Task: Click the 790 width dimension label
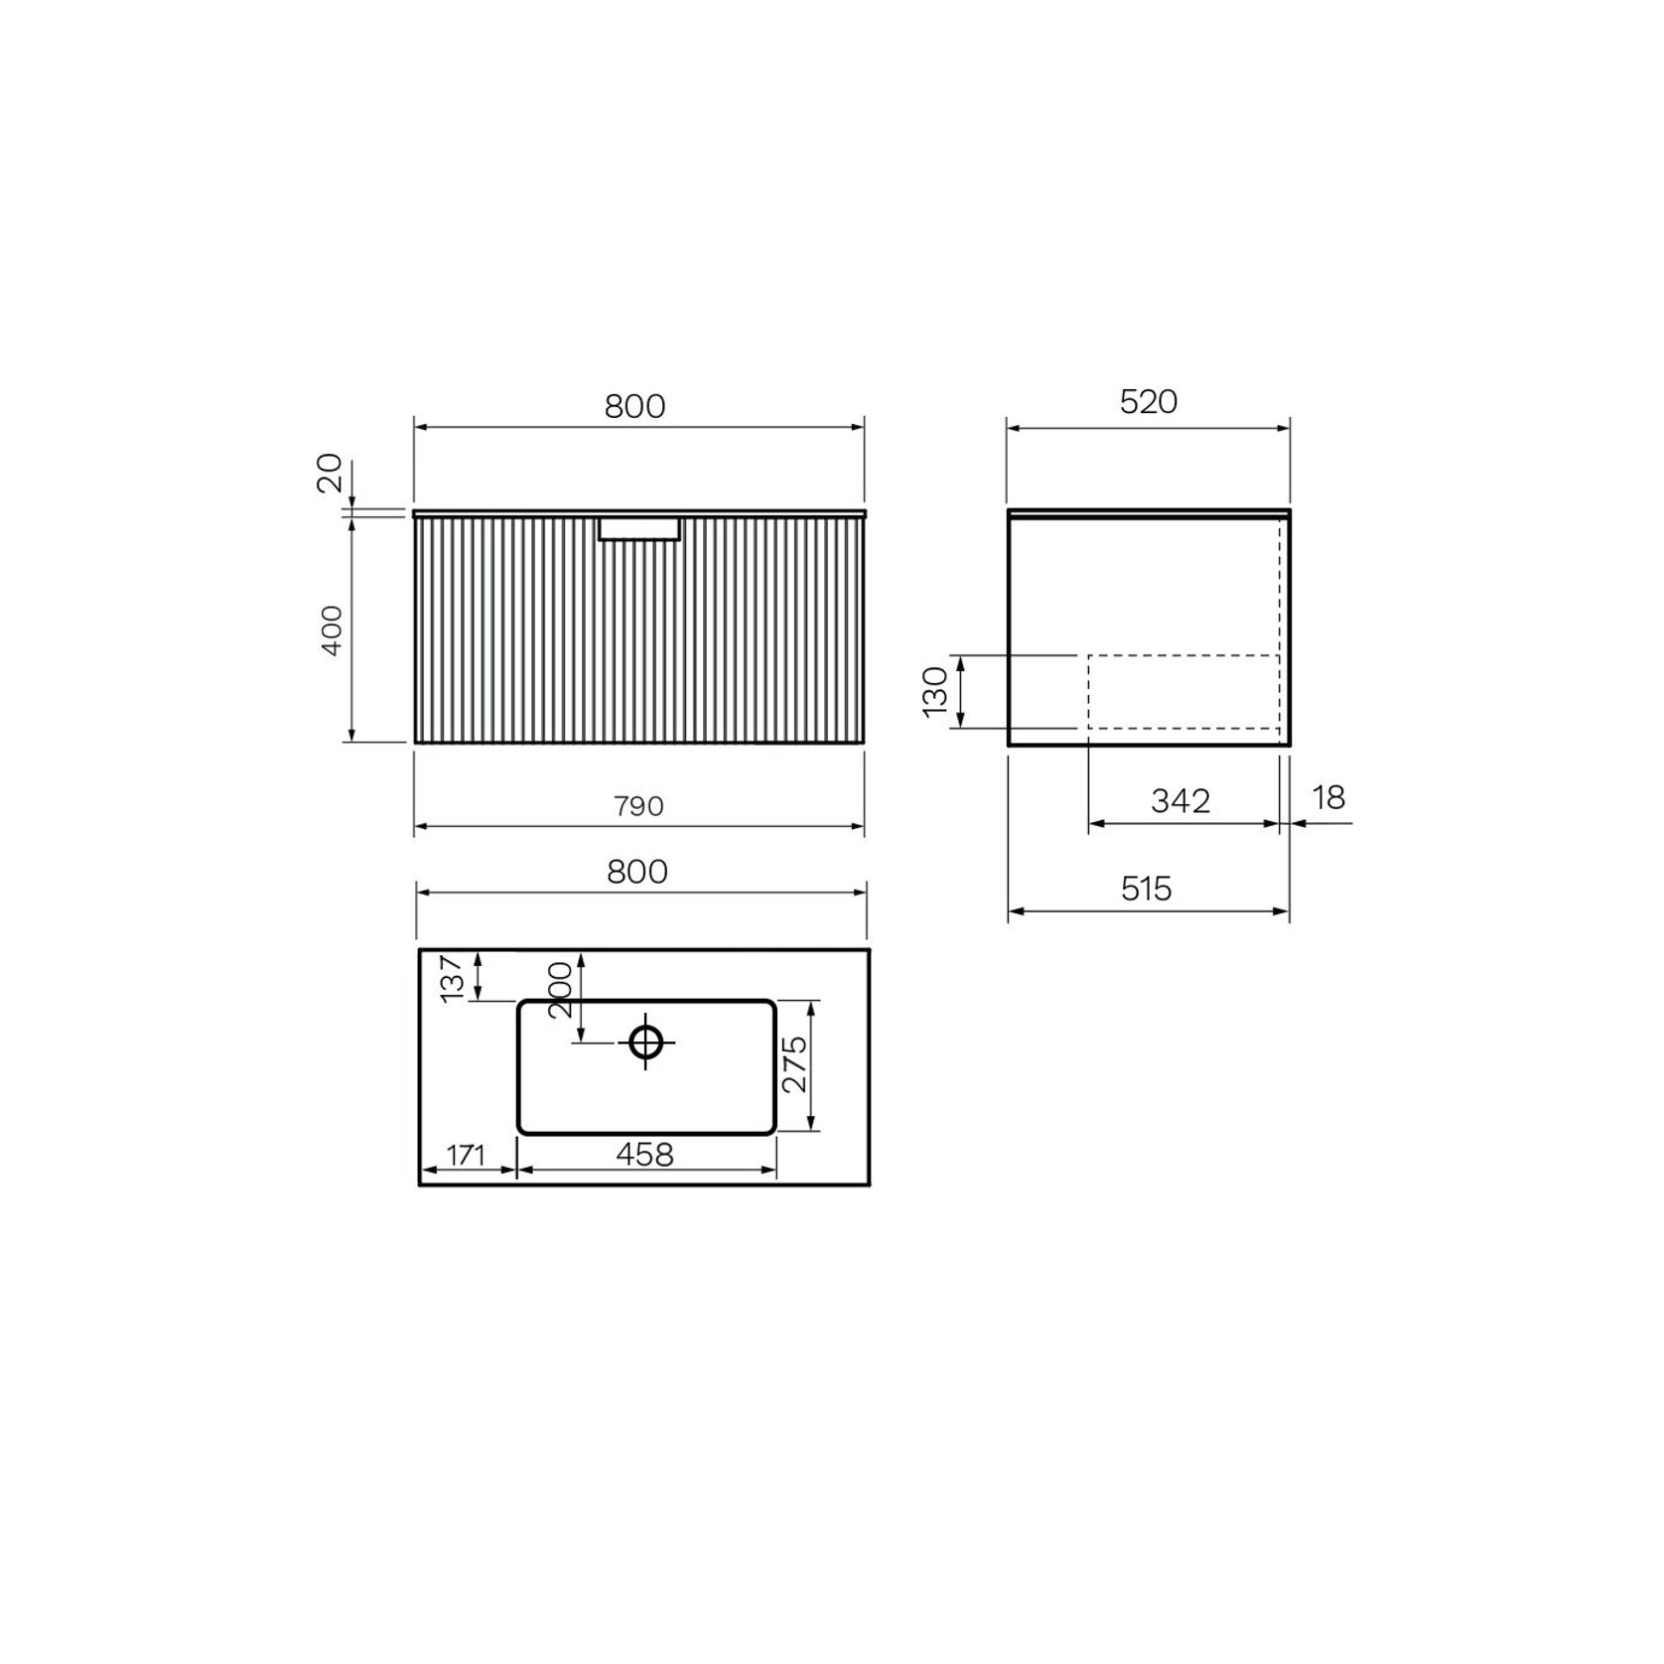pos(637,806)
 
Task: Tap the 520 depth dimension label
pos(1148,402)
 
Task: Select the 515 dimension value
pos(1147,889)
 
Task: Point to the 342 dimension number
pos(1180,801)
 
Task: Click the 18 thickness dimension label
pos(1328,797)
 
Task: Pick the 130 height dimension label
pos(935,691)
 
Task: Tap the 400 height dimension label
pos(333,629)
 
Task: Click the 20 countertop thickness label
pos(330,473)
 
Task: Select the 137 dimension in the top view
pos(452,978)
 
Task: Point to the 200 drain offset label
pos(560,989)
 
